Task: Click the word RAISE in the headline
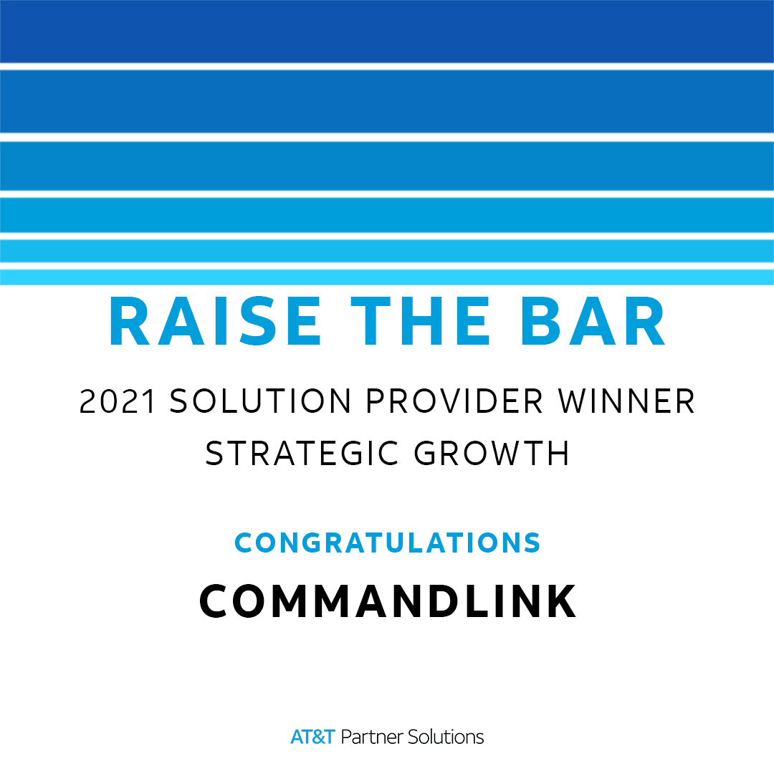(x=215, y=321)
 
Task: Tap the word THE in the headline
(x=420, y=321)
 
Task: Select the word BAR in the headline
(x=593, y=321)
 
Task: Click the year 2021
(x=118, y=401)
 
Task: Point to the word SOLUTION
(x=260, y=401)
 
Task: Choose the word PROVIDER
(x=454, y=401)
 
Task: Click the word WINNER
(x=626, y=401)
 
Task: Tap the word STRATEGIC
(x=302, y=453)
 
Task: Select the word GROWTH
(x=491, y=453)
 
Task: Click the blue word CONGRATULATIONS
(x=388, y=543)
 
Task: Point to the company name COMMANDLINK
(x=388, y=601)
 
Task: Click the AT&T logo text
(x=312, y=737)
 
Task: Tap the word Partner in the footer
(x=372, y=737)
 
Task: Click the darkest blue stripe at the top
(x=387, y=31)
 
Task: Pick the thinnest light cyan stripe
(x=387, y=277)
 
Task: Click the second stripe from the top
(x=387, y=101)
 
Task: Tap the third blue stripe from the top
(x=387, y=166)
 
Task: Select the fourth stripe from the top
(x=387, y=215)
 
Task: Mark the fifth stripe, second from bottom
(x=387, y=251)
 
